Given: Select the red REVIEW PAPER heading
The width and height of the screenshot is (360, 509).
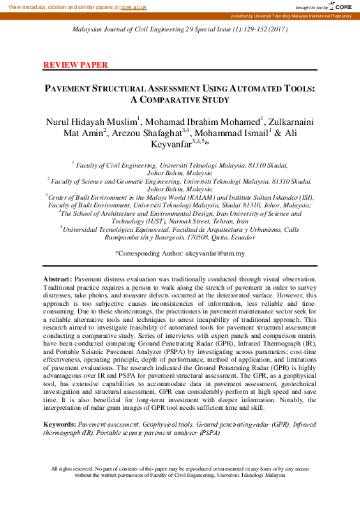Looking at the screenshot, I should point(75,65).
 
